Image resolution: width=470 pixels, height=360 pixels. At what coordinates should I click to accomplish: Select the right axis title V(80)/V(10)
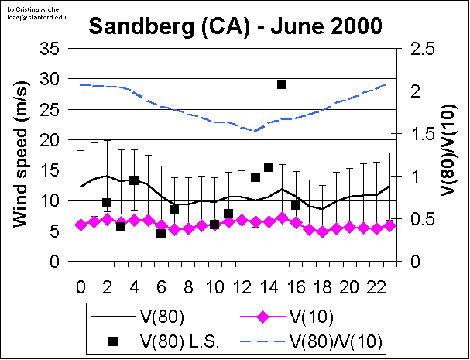pos(448,155)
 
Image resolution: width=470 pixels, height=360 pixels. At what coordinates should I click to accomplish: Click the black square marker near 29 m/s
pos(282,84)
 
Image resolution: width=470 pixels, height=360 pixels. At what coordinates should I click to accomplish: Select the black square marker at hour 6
pos(161,233)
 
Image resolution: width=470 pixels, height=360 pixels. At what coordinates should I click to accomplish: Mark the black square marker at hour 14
pos(269,167)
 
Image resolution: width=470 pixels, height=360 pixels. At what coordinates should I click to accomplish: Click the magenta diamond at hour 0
pos(81,225)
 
